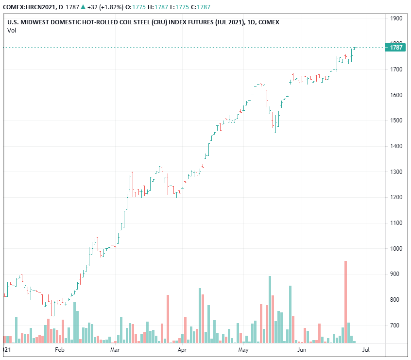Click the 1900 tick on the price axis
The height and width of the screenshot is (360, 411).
396,18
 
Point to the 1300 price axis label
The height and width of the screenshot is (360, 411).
396,172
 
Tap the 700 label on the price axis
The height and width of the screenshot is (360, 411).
396,326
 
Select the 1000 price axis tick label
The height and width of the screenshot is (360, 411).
396,249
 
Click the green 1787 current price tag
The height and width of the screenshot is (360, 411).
396,47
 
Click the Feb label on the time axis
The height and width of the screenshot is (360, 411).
60,349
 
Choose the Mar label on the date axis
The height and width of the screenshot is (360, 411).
115,349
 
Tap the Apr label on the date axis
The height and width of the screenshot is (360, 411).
182,349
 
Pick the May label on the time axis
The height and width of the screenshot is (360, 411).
243,349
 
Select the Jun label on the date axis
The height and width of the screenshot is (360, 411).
302,349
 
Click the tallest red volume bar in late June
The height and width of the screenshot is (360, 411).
345,301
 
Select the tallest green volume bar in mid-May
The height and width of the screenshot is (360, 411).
270,309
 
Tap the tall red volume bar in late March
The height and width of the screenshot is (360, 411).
168,319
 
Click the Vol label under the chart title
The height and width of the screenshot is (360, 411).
11,30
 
